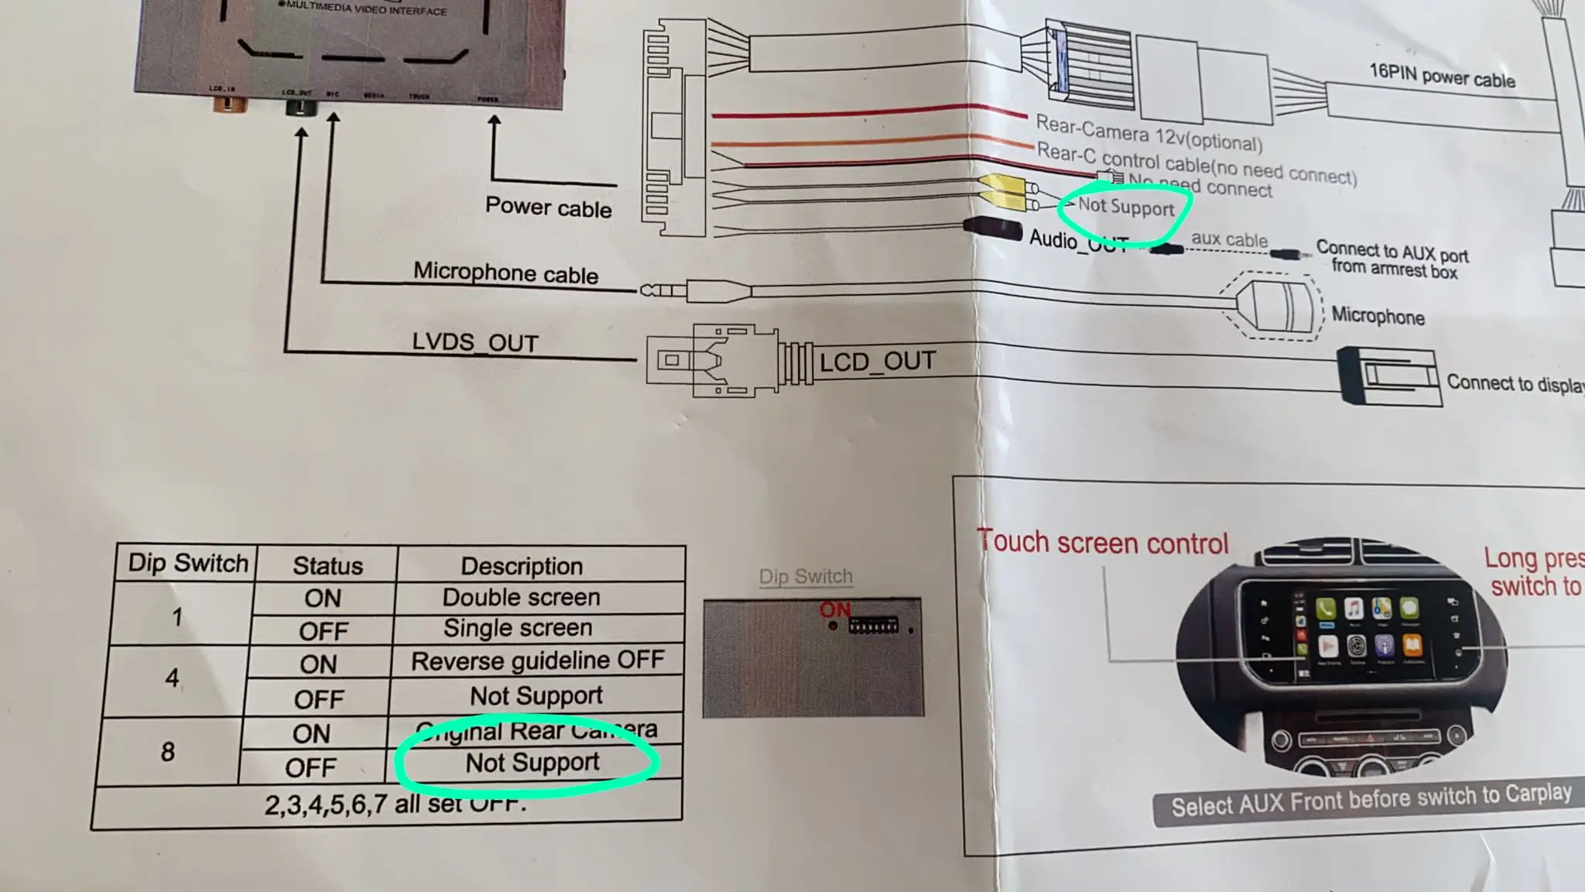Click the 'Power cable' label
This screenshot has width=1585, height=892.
coord(548,208)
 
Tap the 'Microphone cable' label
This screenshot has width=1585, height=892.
coord(505,273)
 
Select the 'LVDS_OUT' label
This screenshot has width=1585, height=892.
coord(474,342)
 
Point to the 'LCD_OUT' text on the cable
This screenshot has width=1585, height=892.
coord(877,362)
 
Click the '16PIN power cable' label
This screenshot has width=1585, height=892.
coord(1442,76)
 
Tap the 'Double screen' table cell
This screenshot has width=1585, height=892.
coord(521,598)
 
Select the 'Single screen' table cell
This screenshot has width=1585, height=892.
coord(517,628)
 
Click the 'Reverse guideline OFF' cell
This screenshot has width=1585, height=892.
coord(537,660)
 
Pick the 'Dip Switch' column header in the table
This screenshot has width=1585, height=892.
coord(188,563)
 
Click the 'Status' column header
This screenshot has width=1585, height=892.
coord(327,566)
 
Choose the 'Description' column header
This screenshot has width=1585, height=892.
coord(522,566)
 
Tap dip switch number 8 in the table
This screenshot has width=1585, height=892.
coord(168,751)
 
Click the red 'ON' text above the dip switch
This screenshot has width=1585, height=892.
coord(834,610)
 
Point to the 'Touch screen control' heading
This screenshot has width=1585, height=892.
coord(1103,543)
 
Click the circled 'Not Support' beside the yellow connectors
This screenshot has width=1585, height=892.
coord(1126,207)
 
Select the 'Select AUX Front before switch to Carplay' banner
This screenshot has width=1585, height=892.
coord(1371,801)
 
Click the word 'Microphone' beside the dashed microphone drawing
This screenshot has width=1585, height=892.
coord(1378,317)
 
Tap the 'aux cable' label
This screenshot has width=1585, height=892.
coord(1229,239)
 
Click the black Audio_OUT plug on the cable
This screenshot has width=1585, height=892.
coord(992,229)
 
